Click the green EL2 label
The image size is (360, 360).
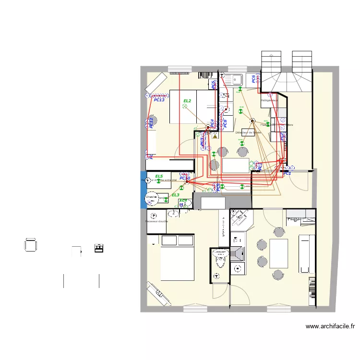point(187,101)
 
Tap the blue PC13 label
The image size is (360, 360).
point(159,100)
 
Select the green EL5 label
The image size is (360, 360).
point(159,177)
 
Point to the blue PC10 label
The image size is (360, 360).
point(185,178)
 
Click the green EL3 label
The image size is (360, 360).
point(175,195)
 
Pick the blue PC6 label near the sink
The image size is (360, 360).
point(253,79)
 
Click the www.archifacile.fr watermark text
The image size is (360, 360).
point(331,326)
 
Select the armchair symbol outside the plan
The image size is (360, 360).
point(30,245)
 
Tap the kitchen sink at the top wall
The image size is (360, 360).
point(236,79)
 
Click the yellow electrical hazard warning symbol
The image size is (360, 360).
point(215,136)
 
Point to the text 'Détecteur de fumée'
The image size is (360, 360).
point(248,132)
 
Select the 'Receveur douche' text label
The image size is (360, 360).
point(156,221)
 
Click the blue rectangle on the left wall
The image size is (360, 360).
point(143,190)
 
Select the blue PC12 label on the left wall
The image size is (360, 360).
point(151,122)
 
